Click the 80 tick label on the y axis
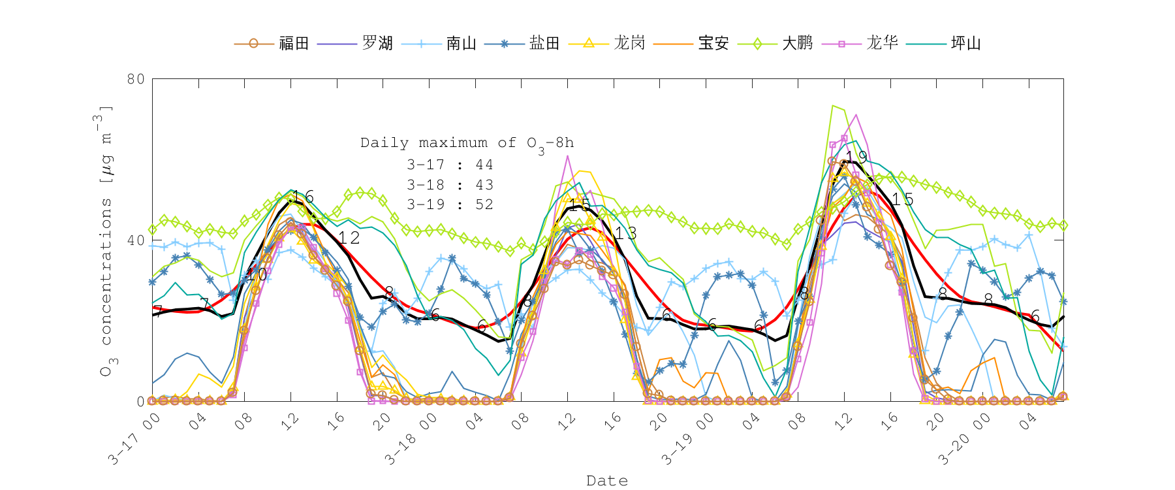[136, 79]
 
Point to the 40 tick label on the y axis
[136, 240]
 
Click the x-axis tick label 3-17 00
[134, 438]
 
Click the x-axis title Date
[607, 481]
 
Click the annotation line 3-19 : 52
[450, 205]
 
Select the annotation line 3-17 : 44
[450, 165]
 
